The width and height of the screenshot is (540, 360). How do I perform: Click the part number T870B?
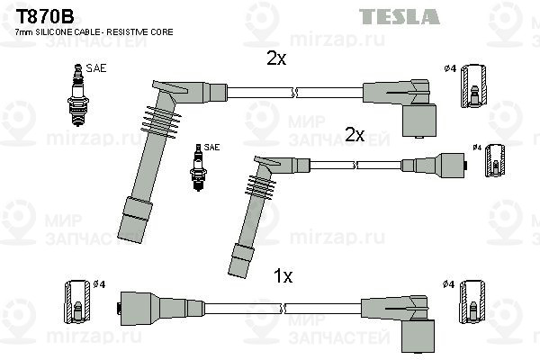tap(45, 16)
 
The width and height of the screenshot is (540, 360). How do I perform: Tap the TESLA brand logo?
tap(399, 16)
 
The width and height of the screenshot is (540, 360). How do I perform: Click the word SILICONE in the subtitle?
tap(58, 32)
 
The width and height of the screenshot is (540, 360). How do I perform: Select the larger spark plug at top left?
tap(78, 94)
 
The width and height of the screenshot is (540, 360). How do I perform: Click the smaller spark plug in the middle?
tap(198, 167)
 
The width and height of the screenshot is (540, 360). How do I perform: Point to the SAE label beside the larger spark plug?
tap(96, 68)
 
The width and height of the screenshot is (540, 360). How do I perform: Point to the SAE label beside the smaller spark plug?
tap(211, 147)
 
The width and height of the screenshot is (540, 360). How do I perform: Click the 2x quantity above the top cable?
tap(276, 58)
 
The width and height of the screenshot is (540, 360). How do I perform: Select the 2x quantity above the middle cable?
tap(355, 134)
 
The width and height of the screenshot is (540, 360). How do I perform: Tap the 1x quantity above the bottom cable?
tap(283, 276)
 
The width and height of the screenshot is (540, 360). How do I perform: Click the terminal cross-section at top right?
tap(473, 85)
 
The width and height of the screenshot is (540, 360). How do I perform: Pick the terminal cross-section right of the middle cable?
tap(495, 160)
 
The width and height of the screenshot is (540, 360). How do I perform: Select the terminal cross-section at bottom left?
tap(77, 301)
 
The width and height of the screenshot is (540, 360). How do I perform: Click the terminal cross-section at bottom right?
tap(472, 301)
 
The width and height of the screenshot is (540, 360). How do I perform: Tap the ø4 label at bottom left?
tap(99, 284)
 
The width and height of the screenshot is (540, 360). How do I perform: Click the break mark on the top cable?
tap(294, 93)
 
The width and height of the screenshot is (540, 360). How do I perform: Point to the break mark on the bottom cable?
tap(283, 309)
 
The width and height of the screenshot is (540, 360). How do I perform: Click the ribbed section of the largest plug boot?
tap(161, 122)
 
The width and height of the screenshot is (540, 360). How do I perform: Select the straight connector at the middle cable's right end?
tap(434, 166)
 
